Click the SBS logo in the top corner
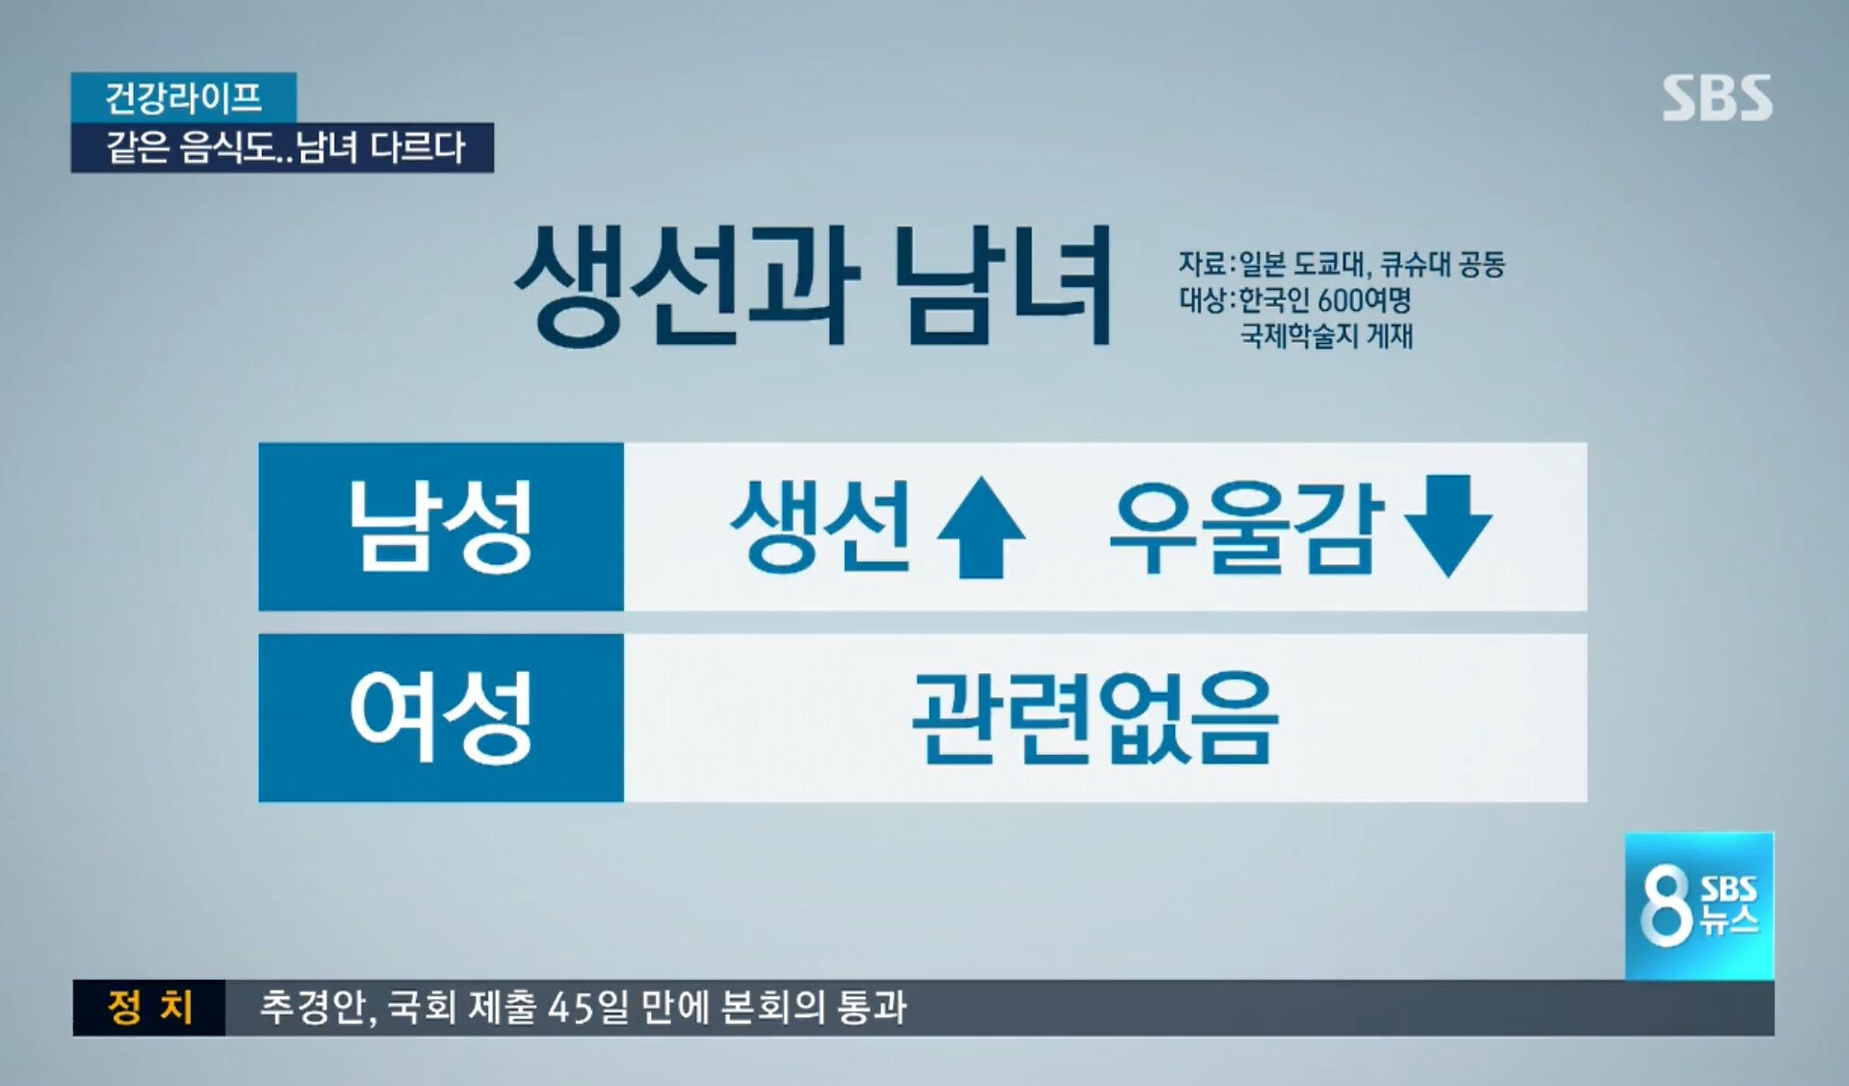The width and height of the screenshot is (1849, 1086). (1717, 98)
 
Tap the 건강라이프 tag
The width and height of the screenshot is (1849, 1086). (183, 97)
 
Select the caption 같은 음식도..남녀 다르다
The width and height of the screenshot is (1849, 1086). (285, 147)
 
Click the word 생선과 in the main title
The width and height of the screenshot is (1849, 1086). (686, 285)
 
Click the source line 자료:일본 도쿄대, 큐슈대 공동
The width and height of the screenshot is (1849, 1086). (1341, 264)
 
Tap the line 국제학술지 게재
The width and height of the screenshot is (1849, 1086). (1326, 336)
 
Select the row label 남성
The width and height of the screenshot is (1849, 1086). (441, 527)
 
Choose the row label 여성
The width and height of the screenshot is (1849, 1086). (441, 717)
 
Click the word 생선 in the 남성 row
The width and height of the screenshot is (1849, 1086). (820, 526)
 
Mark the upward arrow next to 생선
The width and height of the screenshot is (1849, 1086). (980, 527)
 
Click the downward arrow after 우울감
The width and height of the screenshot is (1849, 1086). (1448, 526)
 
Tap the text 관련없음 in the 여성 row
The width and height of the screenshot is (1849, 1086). (1095, 717)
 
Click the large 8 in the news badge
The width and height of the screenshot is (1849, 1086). (1666, 906)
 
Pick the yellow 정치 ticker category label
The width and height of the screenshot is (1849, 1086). (150, 1008)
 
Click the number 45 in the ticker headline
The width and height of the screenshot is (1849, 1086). (566, 1008)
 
